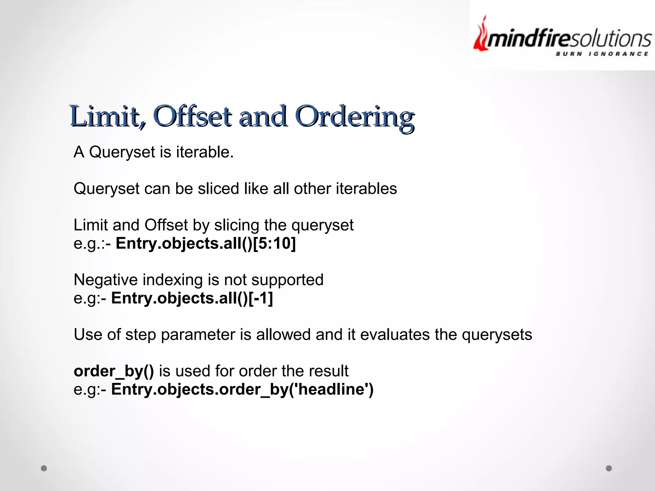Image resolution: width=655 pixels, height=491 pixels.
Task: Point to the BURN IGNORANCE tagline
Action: [602, 54]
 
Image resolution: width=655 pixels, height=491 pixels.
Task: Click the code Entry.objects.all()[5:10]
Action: [206, 244]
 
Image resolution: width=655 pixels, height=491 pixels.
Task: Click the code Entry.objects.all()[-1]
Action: [192, 298]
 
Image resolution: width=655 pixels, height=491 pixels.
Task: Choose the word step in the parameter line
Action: [140, 335]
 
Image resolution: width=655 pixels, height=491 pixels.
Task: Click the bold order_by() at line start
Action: [114, 371]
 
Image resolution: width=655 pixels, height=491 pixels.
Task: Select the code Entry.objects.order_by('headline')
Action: [242, 390]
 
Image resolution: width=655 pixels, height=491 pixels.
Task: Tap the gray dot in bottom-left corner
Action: [44, 468]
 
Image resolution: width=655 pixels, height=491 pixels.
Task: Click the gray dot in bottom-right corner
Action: [609, 468]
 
